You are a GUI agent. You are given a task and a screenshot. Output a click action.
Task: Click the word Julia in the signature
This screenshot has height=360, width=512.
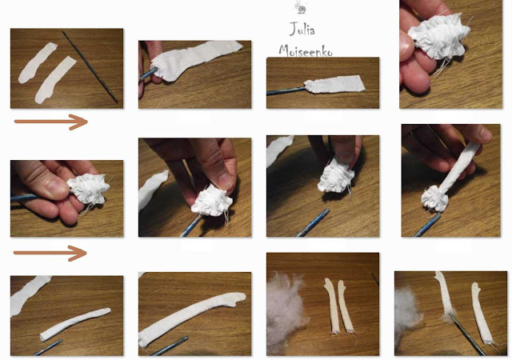click(x=302, y=30)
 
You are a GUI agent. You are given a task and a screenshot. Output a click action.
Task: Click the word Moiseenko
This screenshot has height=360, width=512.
click(x=306, y=50)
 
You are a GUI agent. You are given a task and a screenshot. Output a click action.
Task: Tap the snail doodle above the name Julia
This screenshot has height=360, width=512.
click(x=301, y=7)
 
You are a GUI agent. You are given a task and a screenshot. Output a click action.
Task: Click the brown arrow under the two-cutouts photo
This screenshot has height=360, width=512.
click(x=51, y=122)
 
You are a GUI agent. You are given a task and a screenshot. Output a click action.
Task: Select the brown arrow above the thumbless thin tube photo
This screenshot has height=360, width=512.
click(x=50, y=253)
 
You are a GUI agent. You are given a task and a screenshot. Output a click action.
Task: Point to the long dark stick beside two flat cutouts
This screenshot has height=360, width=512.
click(x=90, y=66)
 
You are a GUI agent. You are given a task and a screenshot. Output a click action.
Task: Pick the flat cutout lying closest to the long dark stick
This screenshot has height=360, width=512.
click(x=56, y=80)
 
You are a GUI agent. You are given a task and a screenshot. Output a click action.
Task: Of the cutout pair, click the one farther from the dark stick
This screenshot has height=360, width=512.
click(x=38, y=62)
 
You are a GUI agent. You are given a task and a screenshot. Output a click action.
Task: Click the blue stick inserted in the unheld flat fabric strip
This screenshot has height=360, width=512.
click(x=286, y=91)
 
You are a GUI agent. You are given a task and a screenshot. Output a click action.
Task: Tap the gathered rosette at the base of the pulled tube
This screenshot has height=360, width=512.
click(x=434, y=198)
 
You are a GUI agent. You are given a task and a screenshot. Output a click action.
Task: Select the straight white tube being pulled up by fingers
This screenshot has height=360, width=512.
click(x=461, y=166)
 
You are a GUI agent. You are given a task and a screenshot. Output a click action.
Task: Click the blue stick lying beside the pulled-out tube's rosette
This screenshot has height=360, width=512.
click(x=427, y=226)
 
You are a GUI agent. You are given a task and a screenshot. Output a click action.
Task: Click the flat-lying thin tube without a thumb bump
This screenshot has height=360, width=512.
click(x=74, y=323)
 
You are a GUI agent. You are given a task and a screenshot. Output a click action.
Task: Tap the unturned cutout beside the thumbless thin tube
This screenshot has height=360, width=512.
click(x=29, y=295)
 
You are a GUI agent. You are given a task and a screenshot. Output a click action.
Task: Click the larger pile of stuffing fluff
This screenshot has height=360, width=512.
click(x=284, y=314)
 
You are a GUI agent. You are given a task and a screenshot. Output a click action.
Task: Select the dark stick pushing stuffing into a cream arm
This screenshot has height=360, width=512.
click(x=467, y=334)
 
